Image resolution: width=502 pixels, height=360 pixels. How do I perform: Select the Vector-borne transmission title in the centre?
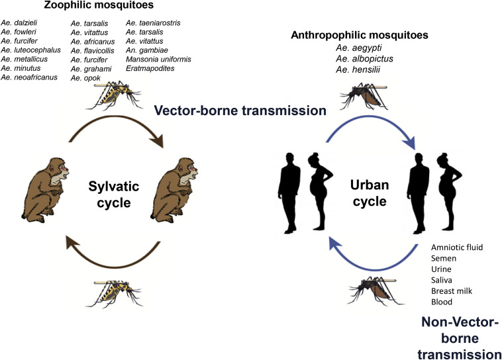(240, 111)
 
